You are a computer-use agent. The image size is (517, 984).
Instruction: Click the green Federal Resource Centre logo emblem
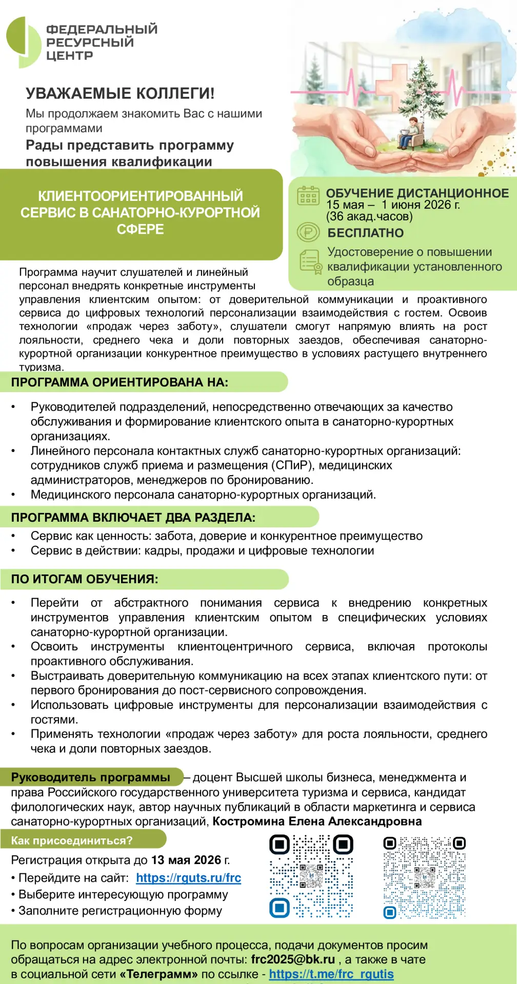pyautogui.click(x=24, y=42)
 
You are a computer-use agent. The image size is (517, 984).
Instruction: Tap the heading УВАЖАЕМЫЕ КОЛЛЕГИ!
pyautogui.click(x=120, y=93)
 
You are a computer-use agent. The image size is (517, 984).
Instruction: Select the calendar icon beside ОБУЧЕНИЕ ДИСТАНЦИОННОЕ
pyautogui.click(x=308, y=196)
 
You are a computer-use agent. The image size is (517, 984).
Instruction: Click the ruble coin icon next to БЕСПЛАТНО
pyautogui.click(x=308, y=232)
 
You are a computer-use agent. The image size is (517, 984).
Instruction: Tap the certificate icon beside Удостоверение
pyautogui.click(x=310, y=262)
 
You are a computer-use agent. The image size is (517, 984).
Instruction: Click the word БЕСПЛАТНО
pyautogui.click(x=365, y=233)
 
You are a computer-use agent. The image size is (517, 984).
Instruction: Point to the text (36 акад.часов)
pyautogui.click(x=369, y=216)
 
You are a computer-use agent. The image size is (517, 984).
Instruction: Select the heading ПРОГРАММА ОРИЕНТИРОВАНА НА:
pyautogui.click(x=120, y=382)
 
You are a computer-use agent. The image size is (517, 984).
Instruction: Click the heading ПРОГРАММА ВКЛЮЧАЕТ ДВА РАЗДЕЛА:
pyautogui.click(x=133, y=518)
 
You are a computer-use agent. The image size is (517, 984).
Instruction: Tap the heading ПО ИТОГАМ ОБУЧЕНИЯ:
pyautogui.click(x=85, y=579)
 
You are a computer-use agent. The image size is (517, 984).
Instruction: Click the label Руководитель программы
pyautogui.click(x=91, y=777)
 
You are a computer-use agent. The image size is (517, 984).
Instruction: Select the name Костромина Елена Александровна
pyautogui.click(x=317, y=822)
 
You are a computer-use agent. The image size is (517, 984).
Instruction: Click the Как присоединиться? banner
pyautogui.click(x=72, y=840)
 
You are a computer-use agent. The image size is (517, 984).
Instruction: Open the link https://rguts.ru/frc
pyautogui.click(x=188, y=878)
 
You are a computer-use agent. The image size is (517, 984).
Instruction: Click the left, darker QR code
pyautogui.click(x=311, y=876)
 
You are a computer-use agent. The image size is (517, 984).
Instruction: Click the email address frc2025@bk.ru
pyautogui.click(x=293, y=959)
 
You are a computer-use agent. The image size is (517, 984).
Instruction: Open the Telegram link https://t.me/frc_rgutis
pyautogui.click(x=331, y=974)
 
